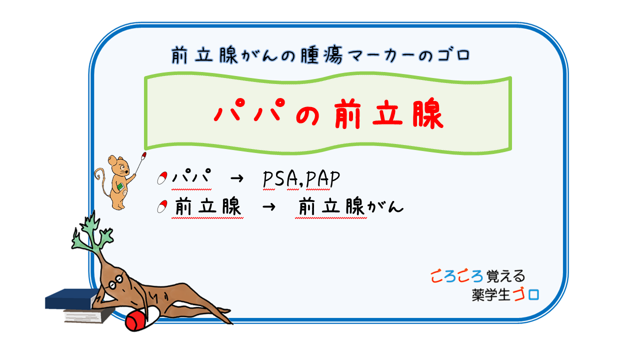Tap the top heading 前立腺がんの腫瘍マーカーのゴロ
click(x=320, y=55)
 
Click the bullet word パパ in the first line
click(x=190, y=179)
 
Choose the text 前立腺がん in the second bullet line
click(x=350, y=207)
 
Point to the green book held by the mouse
click(x=120, y=186)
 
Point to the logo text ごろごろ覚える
click(x=477, y=276)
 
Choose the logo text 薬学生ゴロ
click(x=505, y=294)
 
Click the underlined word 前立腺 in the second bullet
click(x=208, y=207)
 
